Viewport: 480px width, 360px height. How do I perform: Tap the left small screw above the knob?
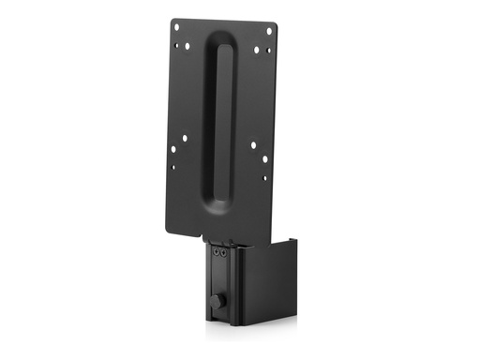[x=215, y=250]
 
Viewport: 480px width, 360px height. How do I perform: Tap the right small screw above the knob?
[x=223, y=251]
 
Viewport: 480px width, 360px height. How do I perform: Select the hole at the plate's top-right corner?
[x=268, y=31]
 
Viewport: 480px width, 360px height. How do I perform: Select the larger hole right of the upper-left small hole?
[x=189, y=44]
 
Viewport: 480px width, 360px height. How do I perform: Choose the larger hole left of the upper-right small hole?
[x=256, y=50]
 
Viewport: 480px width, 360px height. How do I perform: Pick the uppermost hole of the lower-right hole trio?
[x=252, y=144]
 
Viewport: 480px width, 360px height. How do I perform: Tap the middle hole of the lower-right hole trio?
[x=265, y=159]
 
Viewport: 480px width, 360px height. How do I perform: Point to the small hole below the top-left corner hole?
[x=175, y=42]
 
